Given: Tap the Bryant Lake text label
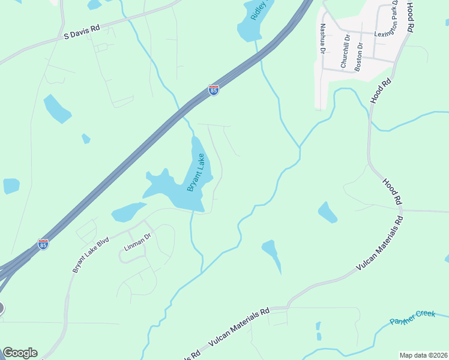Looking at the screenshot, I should (x=196, y=173).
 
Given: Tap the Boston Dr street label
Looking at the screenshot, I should (x=359, y=57).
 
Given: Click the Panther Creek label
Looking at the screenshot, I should (x=412, y=317).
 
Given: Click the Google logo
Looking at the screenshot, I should (x=20, y=353).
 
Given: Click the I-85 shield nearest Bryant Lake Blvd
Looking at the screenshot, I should (x=43, y=244).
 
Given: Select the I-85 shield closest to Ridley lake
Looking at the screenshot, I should (x=214, y=90).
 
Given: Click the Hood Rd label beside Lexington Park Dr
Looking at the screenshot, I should (x=411, y=16).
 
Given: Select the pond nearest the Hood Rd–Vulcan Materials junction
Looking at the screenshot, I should (x=327, y=212).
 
